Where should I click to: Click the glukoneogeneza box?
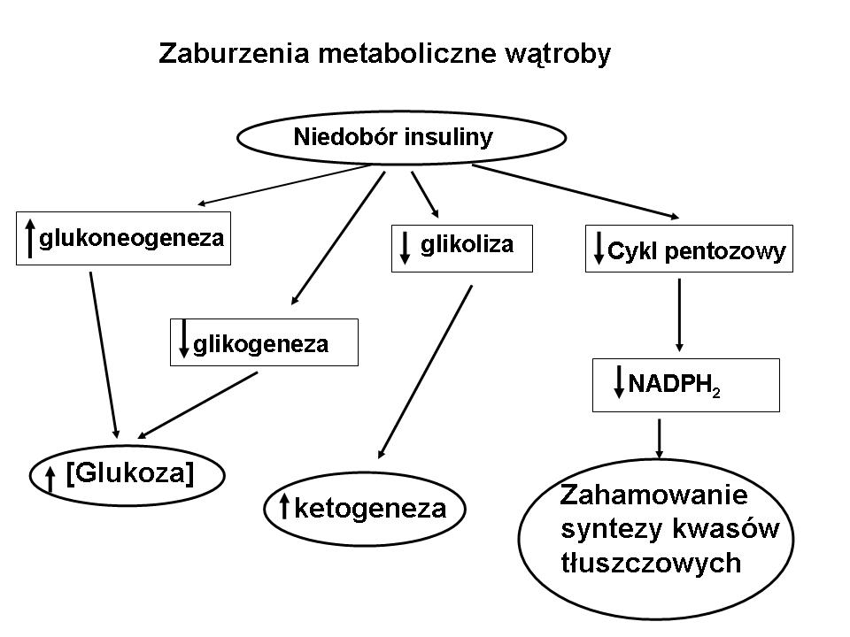coord(123,239)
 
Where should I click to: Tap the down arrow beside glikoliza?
coord(405,248)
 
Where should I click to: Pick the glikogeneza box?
coord(264,342)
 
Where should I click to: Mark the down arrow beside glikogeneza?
coord(184,340)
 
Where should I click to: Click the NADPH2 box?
coord(685,385)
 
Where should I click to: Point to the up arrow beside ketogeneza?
coord(285,508)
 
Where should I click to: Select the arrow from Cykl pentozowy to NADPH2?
coord(679,314)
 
